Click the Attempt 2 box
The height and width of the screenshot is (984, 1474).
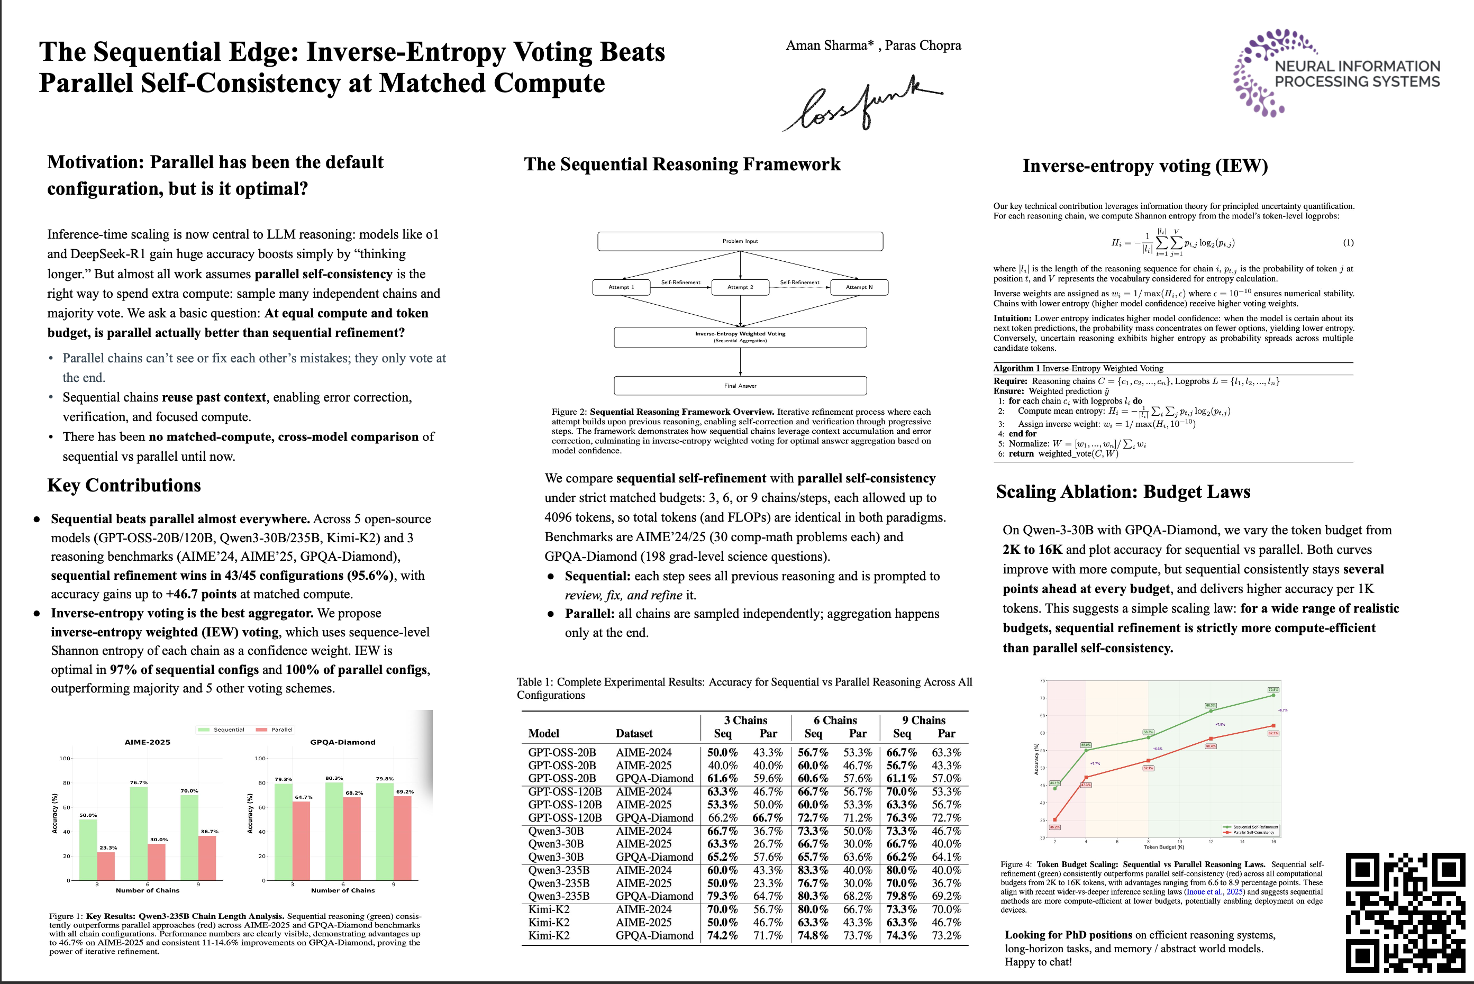pyautogui.click(x=741, y=287)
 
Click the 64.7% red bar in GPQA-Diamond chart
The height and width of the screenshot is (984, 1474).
pyautogui.click(x=301, y=841)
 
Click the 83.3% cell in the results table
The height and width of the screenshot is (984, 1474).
pyautogui.click(x=813, y=870)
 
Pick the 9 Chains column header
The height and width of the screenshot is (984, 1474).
pyautogui.click(x=924, y=720)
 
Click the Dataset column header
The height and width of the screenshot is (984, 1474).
pyautogui.click(x=634, y=733)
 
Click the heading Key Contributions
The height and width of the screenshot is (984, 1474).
pyautogui.click(x=124, y=485)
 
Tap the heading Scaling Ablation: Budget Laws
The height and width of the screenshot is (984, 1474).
pyautogui.click(x=1123, y=491)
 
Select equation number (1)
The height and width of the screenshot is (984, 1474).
pyautogui.click(x=1348, y=242)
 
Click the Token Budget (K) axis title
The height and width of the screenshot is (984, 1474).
pyautogui.click(x=1163, y=847)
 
